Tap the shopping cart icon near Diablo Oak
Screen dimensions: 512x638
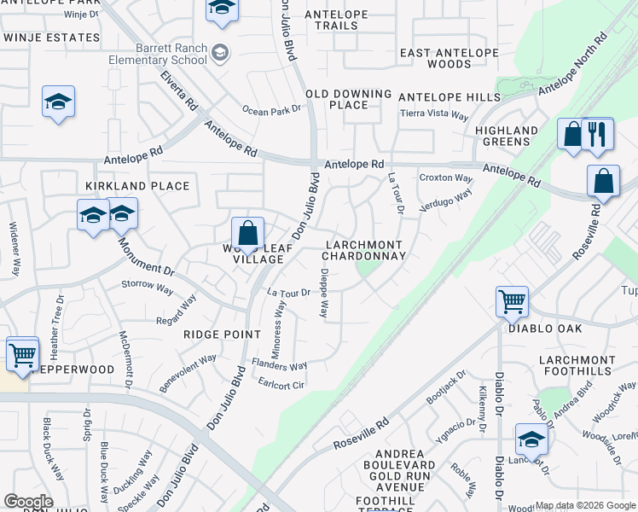512,300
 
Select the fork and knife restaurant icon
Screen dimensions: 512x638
597,134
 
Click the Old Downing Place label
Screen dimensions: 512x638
349,99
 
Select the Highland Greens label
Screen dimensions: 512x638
507,136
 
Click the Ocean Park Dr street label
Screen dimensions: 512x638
272,110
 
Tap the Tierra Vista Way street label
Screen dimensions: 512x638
435,115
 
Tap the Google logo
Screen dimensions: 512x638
28,502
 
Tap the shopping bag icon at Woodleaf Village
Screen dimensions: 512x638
247,233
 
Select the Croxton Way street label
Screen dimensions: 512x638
446,178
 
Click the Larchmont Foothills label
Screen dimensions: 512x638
577,365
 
